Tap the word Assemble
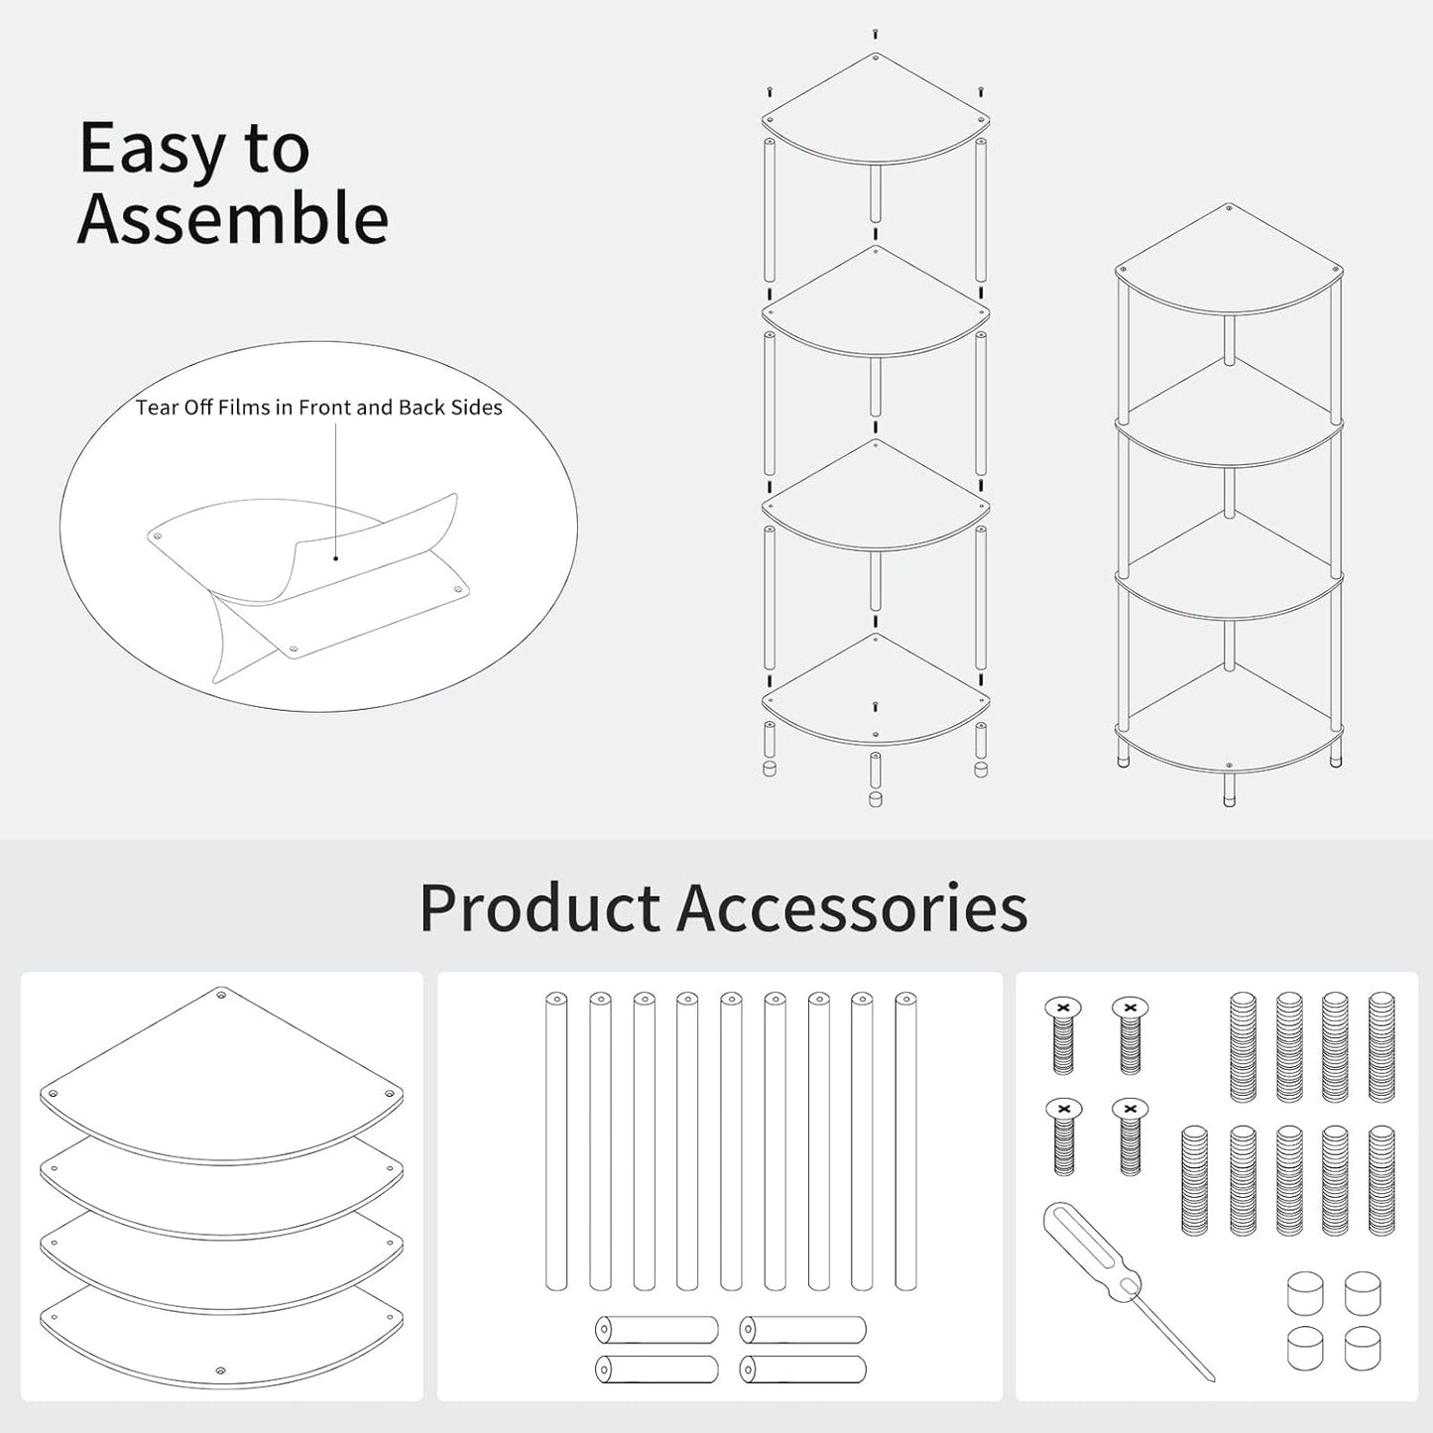(x=233, y=218)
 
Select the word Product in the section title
(x=539, y=908)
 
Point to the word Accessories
(x=852, y=908)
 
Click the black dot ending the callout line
(x=336, y=558)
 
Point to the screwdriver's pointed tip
(x=1213, y=1381)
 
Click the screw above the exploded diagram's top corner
(x=876, y=34)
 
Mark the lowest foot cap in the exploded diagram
(x=876, y=799)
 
